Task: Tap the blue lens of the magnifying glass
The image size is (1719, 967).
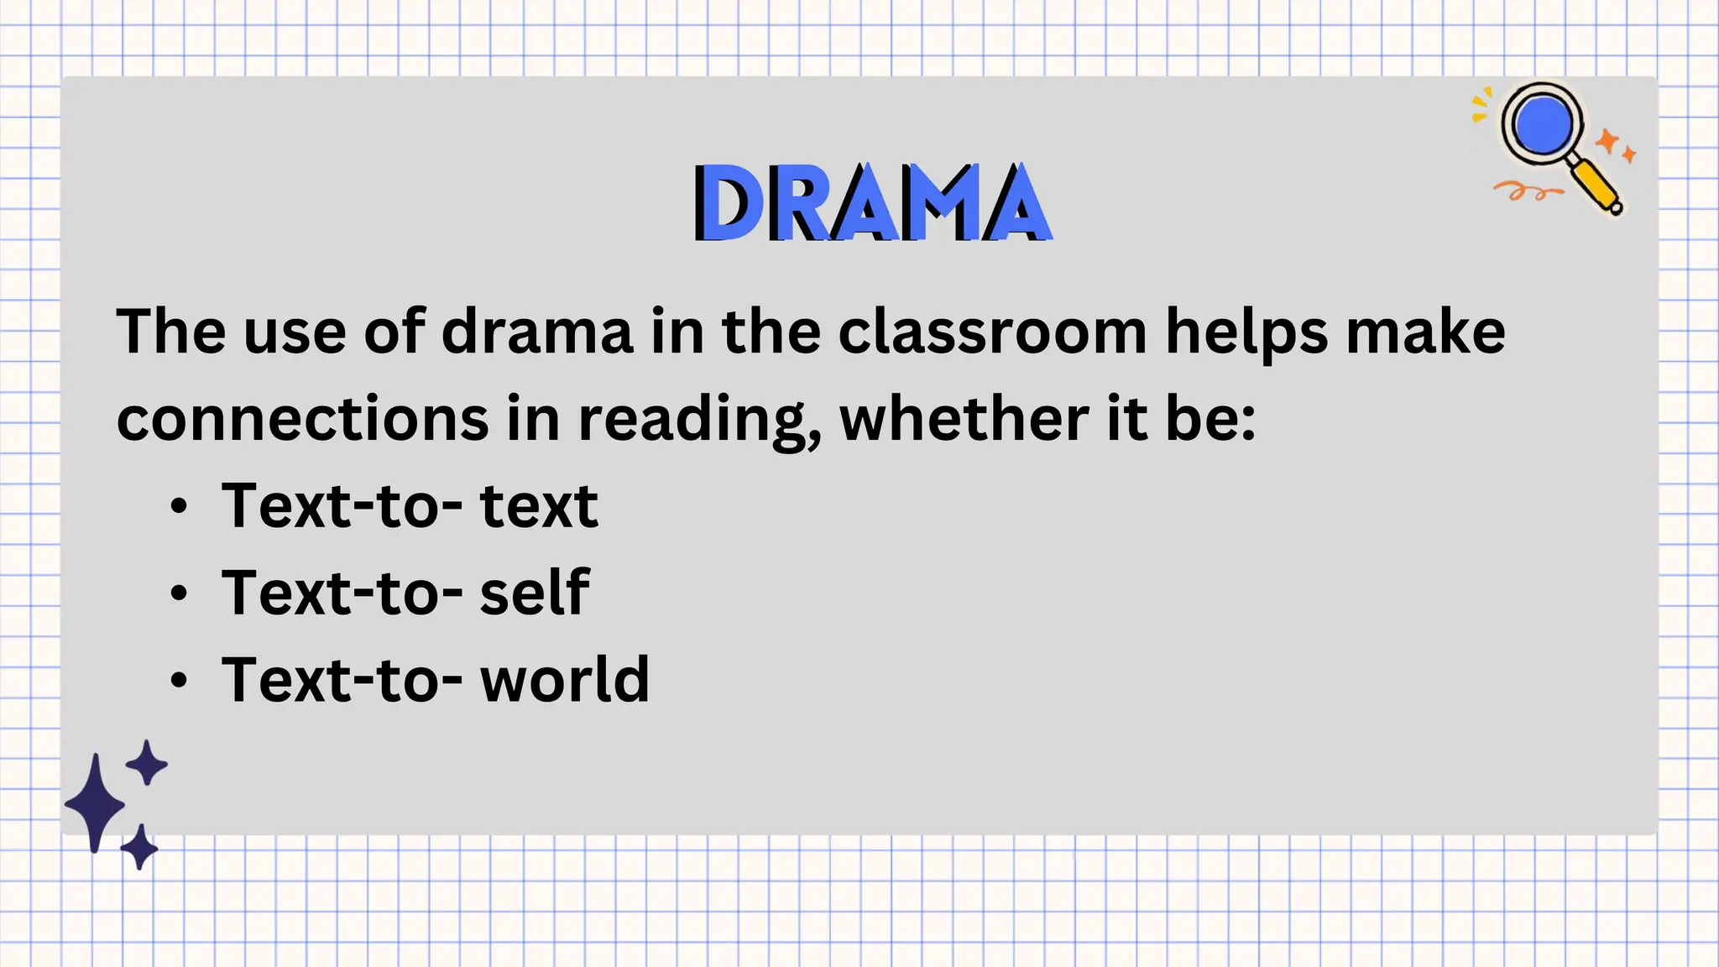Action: pos(1542,123)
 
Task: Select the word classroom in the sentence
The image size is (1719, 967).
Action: pos(992,332)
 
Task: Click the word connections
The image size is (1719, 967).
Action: pos(302,419)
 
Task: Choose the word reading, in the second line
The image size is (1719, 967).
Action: pos(698,421)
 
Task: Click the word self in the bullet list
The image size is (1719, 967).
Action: pos(535,592)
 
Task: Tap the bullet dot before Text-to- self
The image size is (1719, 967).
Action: pos(179,593)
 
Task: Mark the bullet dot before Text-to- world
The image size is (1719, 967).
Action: pos(179,680)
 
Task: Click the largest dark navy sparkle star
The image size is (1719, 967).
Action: pos(96,803)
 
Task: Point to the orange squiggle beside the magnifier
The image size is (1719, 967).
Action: pos(1526,192)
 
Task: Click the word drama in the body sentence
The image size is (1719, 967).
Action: pos(537,332)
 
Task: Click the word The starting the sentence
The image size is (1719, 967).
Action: pos(171,332)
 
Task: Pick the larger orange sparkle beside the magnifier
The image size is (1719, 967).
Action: pos(1607,140)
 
